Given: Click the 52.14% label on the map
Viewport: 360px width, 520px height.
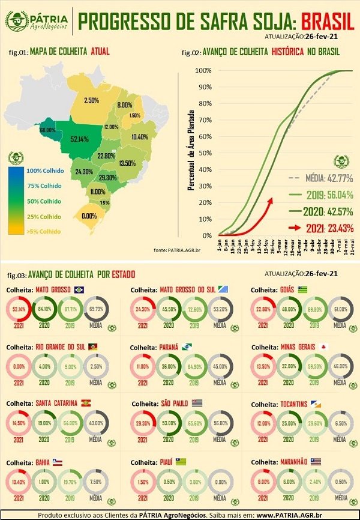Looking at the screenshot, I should (x=80, y=139).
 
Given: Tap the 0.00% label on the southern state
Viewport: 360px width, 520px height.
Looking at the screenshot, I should (x=89, y=216).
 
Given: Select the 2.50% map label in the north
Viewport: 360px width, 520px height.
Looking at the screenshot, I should (x=91, y=100).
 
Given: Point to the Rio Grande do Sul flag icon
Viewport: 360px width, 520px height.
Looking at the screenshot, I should (x=95, y=347).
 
